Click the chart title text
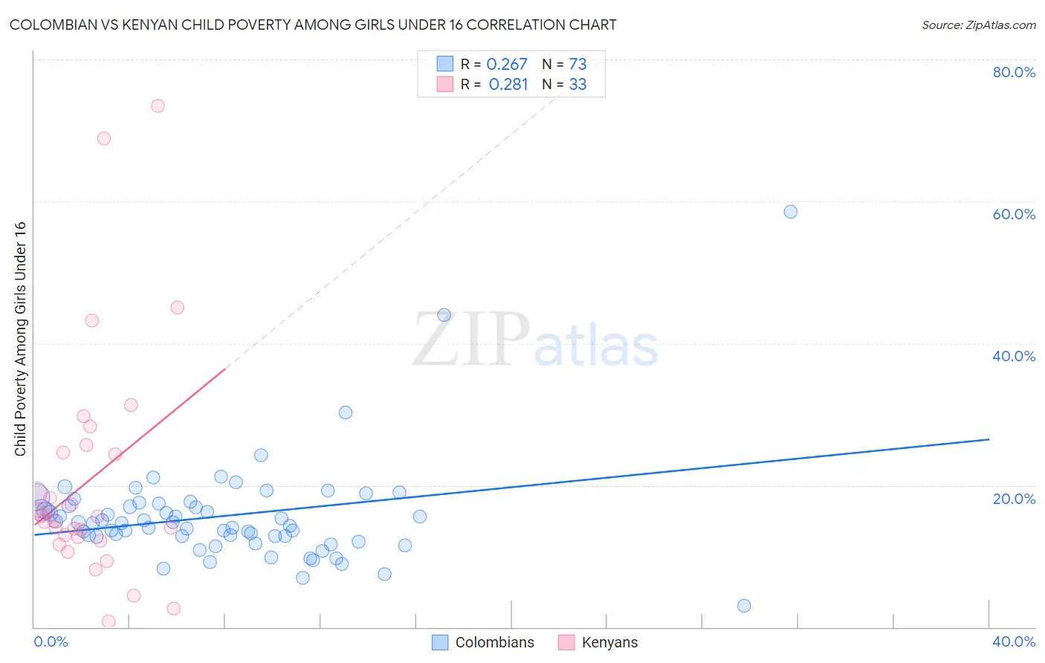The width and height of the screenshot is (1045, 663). [313, 25]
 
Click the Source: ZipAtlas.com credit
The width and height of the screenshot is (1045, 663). [978, 25]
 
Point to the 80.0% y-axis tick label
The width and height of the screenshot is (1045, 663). [1014, 72]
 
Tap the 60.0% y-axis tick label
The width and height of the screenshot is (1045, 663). [1014, 214]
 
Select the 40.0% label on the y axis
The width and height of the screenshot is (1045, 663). [1014, 356]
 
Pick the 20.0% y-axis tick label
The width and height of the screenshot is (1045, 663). [1014, 499]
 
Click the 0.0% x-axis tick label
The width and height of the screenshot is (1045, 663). [51, 641]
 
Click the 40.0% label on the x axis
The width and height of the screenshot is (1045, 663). [1014, 641]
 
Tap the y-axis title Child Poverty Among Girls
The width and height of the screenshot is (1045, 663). [20, 339]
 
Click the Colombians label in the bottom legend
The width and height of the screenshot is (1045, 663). [494, 642]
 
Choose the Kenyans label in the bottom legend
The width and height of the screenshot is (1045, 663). [609, 642]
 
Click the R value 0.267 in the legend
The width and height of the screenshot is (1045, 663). [507, 65]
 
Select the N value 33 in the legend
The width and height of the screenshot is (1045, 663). [577, 85]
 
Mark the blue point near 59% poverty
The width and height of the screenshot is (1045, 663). [790, 212]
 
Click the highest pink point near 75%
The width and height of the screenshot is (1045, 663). [158, 106]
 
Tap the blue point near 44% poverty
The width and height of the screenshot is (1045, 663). [444, 315]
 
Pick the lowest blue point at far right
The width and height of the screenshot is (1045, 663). [744, 606]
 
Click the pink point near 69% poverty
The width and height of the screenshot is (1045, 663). [104, 138]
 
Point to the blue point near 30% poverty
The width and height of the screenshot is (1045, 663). [345, 413]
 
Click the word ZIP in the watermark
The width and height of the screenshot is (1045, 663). [471, 340]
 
